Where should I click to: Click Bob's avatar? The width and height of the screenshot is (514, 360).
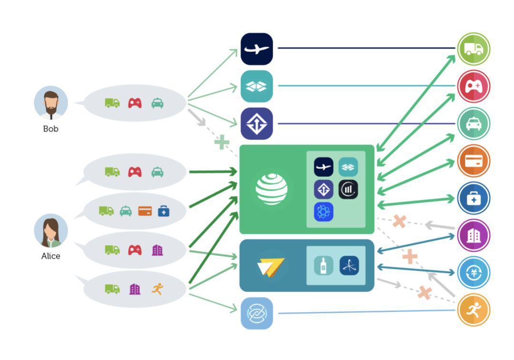[51, 103]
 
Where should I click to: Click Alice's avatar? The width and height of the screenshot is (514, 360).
[51, 230]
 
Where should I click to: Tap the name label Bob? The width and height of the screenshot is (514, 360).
[51, 129]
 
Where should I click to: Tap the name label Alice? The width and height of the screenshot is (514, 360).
[51, 256]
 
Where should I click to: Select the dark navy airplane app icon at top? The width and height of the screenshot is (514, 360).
[257, 49]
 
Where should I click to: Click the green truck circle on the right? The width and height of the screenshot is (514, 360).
[474, 49]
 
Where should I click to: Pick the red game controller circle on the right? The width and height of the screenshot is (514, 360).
[474, 86]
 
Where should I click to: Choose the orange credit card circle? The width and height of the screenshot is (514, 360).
[474, 161]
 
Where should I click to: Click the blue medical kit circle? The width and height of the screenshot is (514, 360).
[474, 198]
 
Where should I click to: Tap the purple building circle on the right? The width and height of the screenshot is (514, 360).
[474, 235]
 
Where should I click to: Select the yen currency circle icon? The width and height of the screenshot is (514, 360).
[474, 272]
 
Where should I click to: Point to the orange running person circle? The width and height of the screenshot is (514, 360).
[474, 310]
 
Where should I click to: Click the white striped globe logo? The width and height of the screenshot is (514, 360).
[271, 189]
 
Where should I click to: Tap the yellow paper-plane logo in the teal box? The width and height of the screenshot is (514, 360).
[271, 266]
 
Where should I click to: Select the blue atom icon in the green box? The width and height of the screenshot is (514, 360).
[324, 211]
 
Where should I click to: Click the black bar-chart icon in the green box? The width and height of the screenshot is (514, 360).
[348, 190]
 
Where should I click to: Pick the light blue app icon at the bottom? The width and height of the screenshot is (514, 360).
[257, 313]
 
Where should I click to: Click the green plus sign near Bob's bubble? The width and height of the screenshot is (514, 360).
[222, 142]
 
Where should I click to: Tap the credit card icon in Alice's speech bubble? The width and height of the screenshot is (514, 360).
[145, 210]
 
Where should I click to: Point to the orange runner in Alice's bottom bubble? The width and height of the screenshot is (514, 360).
[158, 289]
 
